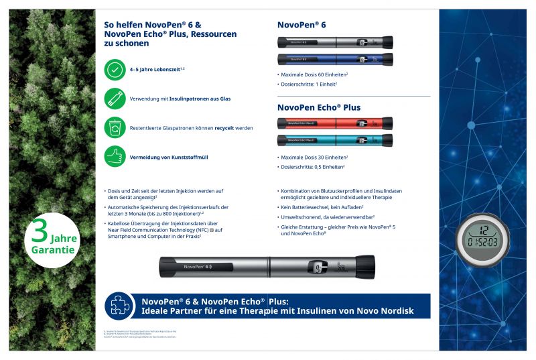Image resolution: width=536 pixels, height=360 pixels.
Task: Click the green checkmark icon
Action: pyautogui.click(x=115, y=69)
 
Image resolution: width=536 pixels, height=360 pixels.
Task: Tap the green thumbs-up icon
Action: pyautogui.click(x=115, y=156)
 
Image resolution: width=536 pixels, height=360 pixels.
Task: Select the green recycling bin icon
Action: pyautogui.click(x=115, y=127)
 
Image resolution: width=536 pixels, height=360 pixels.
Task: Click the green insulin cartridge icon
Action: pyautogui.click(x=115, y=99)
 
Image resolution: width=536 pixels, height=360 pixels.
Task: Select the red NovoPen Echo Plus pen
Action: pyautogui.click(x=335, y=123)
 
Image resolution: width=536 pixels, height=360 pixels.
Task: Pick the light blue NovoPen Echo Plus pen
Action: pyautogui.click(x=335, y=140)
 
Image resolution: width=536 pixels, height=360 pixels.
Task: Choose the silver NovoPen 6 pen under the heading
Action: pyautogui.click(x=335, y=42)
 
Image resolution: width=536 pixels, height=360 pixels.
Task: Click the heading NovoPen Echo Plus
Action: pyautogui.click(x=319, y=107)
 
